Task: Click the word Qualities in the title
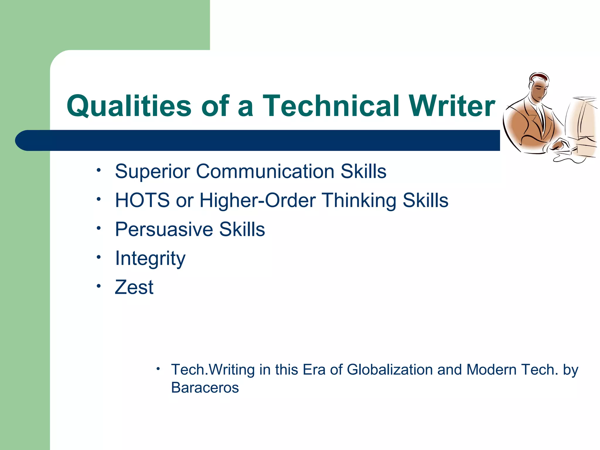(x=129, y=106)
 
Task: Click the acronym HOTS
(x=142, y=200)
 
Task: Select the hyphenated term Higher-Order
(x=258, y=200)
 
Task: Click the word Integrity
(x=150, y=258)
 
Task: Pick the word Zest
(x=134, y=287)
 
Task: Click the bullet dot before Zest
(x=99, y=286)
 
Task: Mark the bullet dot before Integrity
(x=99, y=257)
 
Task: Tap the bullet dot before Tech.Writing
(x=158, y=369)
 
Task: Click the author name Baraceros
(x=205, y=388)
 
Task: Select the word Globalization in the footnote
(x=390, y=370)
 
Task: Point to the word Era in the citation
(x=314, y=370)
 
